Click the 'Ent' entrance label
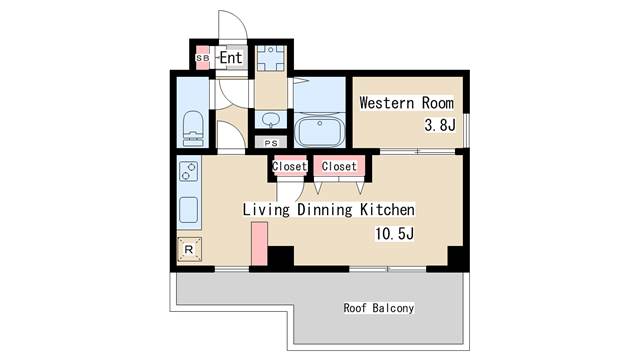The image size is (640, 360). point(231,58)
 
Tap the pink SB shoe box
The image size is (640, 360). point(202,58)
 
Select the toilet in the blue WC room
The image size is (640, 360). point(193,128)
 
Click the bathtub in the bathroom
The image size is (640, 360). point(320,131)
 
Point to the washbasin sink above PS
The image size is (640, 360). point(270,120)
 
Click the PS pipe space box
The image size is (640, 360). point(271,143)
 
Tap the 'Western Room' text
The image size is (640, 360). point(407,103)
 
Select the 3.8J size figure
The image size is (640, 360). point(440,125)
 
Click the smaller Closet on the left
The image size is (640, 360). point(289,166)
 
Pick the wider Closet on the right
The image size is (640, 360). point(339,166)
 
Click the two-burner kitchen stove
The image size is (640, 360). point(189,171)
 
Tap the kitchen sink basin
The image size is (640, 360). point(189,210)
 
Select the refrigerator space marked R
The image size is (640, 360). point(189,249)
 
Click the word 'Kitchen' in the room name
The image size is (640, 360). point(387,210)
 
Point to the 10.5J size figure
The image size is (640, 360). point(394,234)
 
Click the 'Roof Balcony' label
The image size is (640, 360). point(379,308)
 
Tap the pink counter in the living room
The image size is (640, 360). point(259,244)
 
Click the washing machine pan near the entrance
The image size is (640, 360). point(271,59)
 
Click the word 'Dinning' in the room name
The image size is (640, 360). point(324,210)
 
